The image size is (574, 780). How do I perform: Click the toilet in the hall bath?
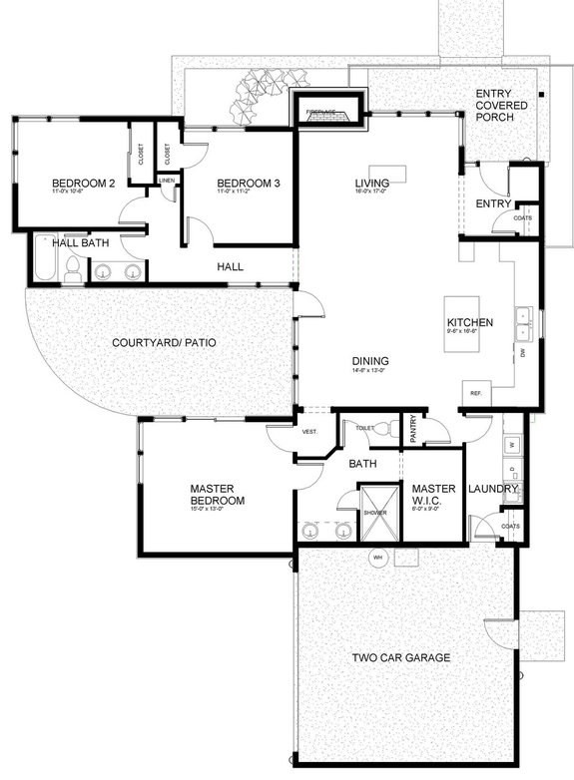click(x=72, y=267)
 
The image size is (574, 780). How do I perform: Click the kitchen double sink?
click(x=524, y=323)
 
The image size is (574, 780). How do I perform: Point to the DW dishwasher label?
click(x=523, y=353)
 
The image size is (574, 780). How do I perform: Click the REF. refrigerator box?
click(x=475, y=393)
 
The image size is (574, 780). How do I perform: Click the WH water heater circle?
click(x=378, y=556)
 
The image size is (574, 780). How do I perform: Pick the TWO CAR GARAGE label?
click(x=400, y=658)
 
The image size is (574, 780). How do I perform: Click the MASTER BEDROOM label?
click(x=218, y=495)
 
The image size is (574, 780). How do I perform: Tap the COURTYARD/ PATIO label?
click(x=165, y=343)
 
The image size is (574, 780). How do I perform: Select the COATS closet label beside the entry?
click(x=521, y=218)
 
